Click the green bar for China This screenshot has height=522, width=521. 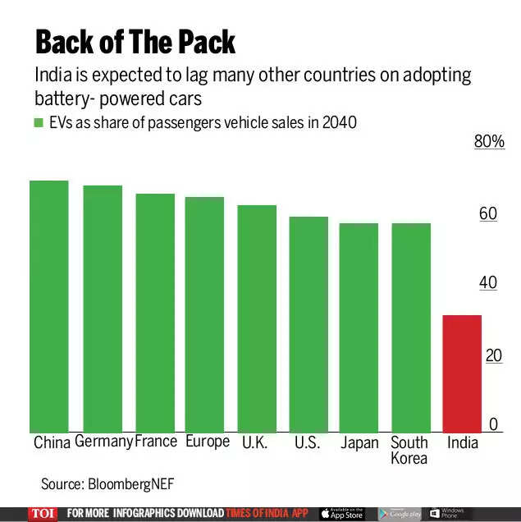coord(49,307)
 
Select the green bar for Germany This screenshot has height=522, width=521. coord(103,309)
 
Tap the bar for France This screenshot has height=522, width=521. coord(155,314)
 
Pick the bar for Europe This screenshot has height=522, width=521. coord(204,315)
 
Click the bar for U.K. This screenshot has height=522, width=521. coord(257,319)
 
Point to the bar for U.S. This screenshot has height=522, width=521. coord(308,325)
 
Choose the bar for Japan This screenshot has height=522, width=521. coord(359,328)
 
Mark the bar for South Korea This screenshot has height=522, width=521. coord(411,328)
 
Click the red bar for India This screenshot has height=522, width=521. coord(462,374)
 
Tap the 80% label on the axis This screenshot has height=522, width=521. coord(489,142)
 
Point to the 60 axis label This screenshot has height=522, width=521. coord(488,213)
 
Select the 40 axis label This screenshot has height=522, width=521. coord(488,283)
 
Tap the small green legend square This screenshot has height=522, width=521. coord(38,123)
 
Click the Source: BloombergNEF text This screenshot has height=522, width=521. coord(107,484)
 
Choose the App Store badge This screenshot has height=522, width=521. coord(341,514)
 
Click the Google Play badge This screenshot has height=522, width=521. coord(399,514)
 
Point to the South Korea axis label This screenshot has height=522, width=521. coord(409,450)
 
